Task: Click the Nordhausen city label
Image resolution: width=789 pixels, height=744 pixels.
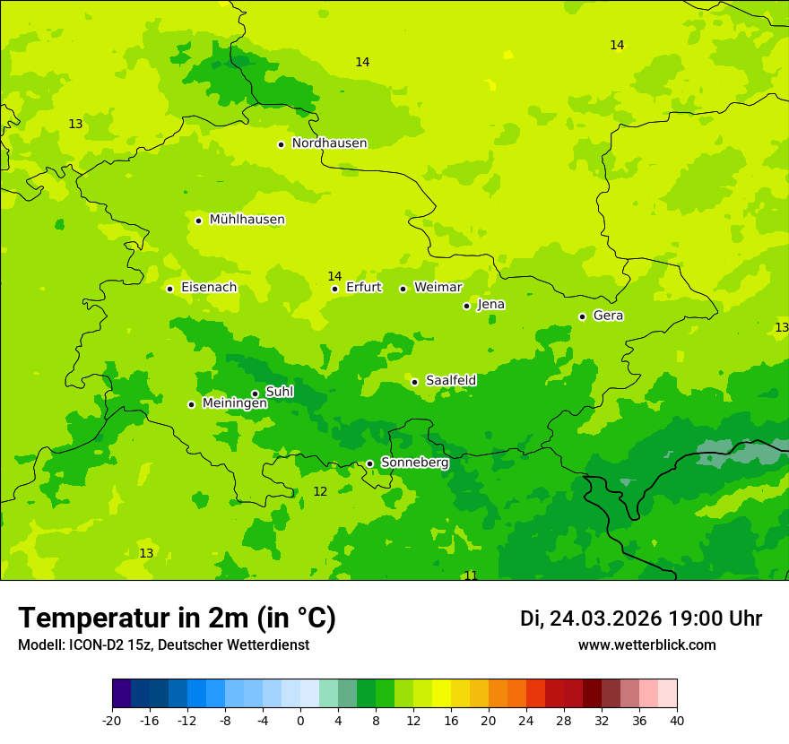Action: tap(329, 143)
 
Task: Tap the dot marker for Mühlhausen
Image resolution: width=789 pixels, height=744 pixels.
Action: tap(198, 221)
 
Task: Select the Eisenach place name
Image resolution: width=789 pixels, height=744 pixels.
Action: tap(209, 288)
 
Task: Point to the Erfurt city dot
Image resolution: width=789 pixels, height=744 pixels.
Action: tap(334, 289)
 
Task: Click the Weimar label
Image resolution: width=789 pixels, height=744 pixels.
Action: tap(438, 288)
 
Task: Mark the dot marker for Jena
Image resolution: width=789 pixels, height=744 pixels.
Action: tap(466, 306)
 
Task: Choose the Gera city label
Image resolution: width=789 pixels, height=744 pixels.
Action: tap(608, 316)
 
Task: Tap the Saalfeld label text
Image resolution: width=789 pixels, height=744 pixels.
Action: tap(451, 381)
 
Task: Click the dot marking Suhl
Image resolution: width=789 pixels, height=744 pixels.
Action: tap(255, 394)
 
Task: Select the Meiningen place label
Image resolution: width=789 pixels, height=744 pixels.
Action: tap(234, 403)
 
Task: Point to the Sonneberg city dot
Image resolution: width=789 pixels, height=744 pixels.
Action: tap(369, 463)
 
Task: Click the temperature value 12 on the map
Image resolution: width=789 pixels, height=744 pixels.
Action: tap(320, 491)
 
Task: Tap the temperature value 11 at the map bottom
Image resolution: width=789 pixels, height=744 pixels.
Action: tap(470, 575)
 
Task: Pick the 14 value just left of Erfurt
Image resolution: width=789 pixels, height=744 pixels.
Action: tap(334, 276)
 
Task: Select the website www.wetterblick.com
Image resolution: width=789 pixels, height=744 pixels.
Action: tap(646, 645)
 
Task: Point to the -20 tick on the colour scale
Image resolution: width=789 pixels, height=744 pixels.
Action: tap(112, 721)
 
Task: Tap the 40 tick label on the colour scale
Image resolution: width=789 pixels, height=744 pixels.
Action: tap(677, 721)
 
